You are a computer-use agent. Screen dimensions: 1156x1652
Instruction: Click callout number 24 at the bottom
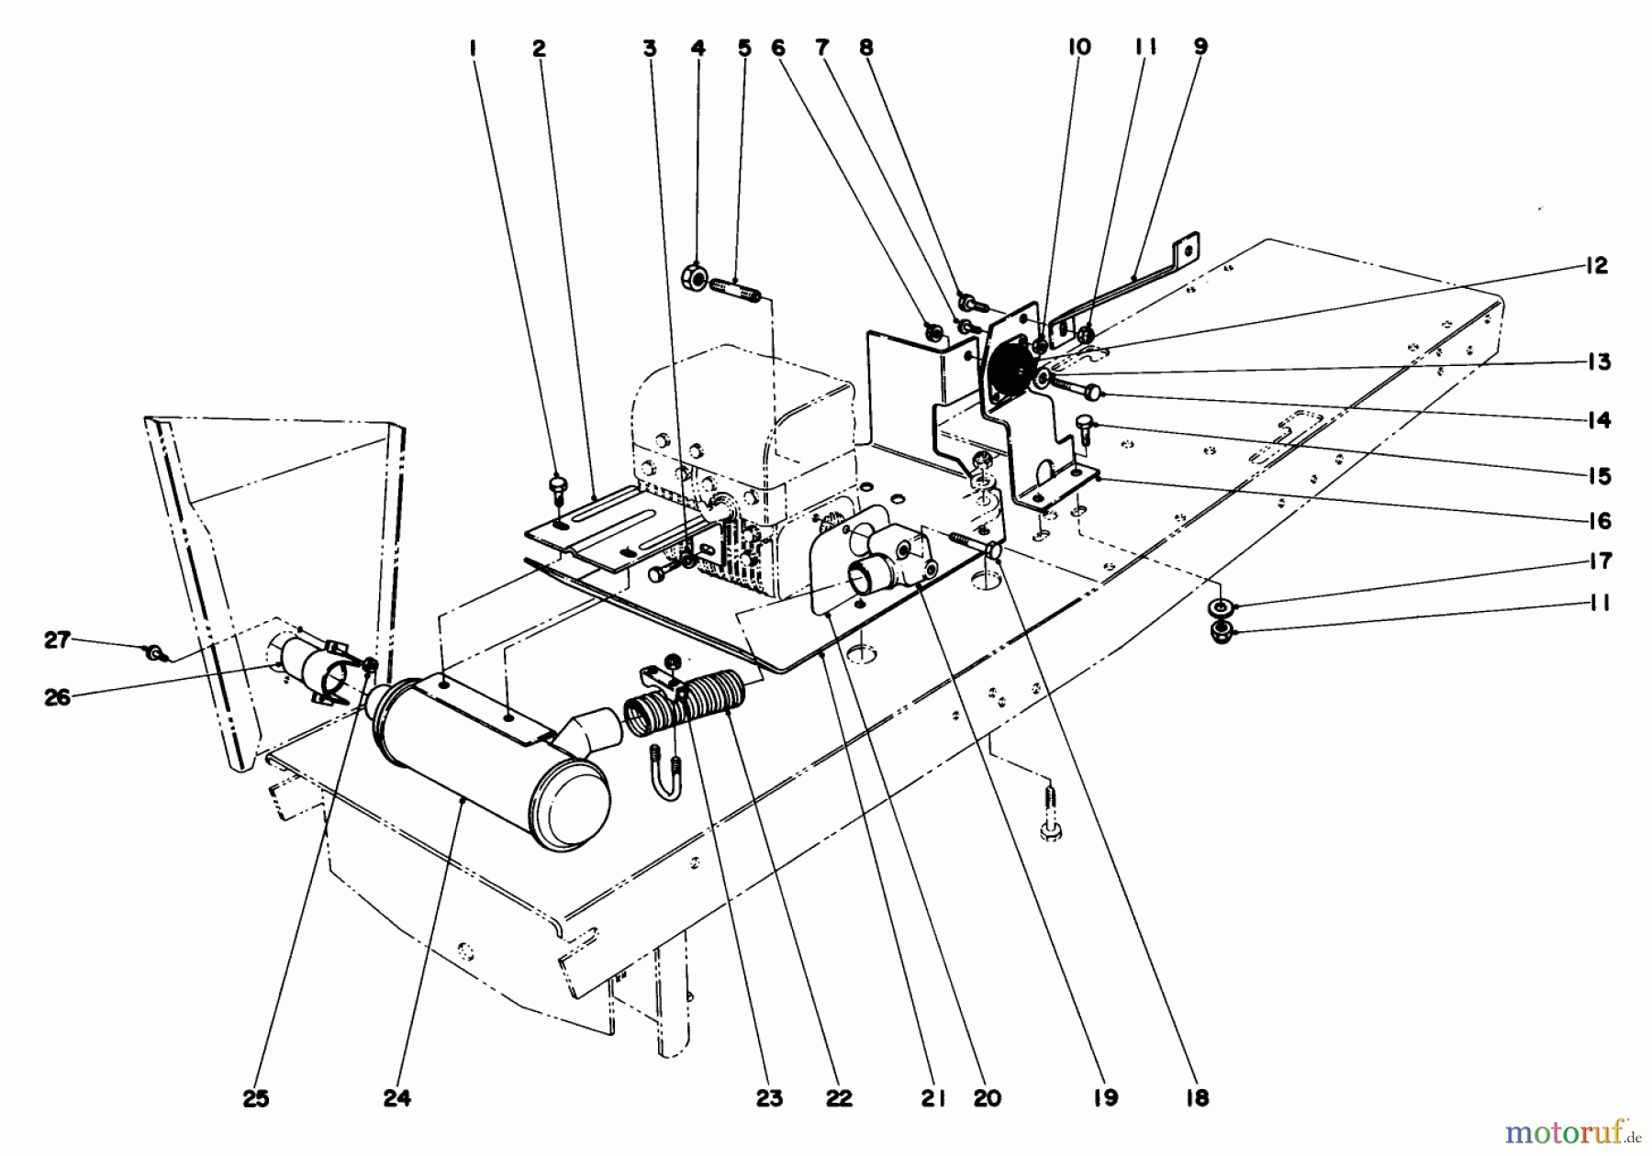click(x=397, y=1097)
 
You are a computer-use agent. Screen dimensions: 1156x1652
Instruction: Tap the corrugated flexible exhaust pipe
click(x=679, y=711)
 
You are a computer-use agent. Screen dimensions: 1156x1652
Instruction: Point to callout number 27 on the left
click(x=57, y=639)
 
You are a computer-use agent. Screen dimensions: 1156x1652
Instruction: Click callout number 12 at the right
click(x=1596, y=266)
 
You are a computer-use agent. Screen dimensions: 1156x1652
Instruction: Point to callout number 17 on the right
click(x=1599, y=561)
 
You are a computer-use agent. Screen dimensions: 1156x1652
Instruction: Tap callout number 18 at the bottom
click(x=1197, y=1097)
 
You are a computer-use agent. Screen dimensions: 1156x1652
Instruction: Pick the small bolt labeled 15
click(x=1085, y=426)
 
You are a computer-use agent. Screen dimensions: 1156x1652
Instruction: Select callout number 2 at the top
click(x=539, y=49)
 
